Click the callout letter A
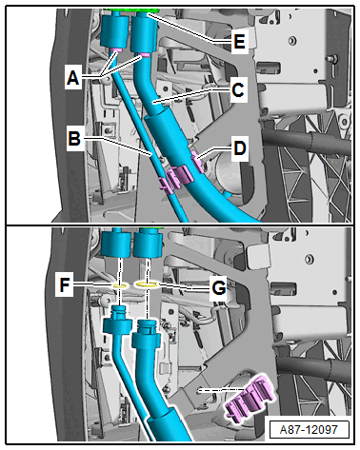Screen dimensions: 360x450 pyautogui.click(x=72, y=77)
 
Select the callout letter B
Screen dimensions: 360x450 pyautogui.click(x=74, y=139)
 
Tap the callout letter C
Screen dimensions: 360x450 pyautogui.click(x=238, y=89)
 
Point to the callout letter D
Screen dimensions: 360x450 pyautogui.click(x=240, y=148)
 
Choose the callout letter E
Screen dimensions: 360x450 pyautogui.click(x=239, y=41)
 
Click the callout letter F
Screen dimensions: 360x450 pyautogui.click(x=65, y=284)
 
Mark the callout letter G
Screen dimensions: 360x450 pyautogui.click(x=219, y=288)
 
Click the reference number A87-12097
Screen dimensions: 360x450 pyautogui.click(x=309, y=429)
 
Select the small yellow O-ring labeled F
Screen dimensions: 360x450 pyautogui.click(x=121, y=286)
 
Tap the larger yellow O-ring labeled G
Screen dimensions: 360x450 pyautogui.click(x=147, y=284)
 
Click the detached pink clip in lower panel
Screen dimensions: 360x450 pyautogui.click(x=250, y=399)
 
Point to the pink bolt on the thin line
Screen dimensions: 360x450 pyautogui.click(x=116, y=50)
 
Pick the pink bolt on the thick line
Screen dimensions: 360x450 pyautogui.click(x=145, y=55)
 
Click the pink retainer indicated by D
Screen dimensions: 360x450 pyautogui.click(x=197, y=162)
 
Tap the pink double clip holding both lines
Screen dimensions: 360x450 pyautogui.click(x=175, y=178)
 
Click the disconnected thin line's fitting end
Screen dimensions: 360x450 pyautogui.click(x=117, y=322)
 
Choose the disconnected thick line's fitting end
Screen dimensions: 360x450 pyautogui.click(x=146, y=336)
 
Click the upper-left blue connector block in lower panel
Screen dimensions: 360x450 pyautogui.click(x=116, y=244)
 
